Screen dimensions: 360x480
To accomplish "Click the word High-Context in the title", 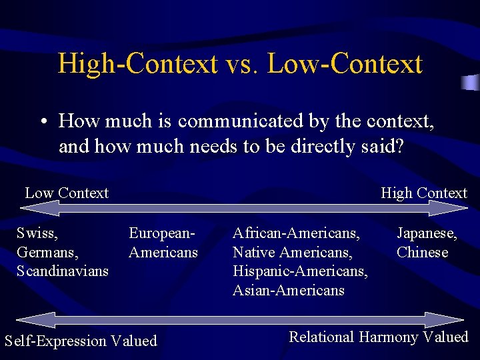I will tap(137, 64).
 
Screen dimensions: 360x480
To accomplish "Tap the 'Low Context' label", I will tap(67, 193).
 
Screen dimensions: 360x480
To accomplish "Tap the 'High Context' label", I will tap(424, 193).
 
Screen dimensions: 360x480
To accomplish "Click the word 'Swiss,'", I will tap(37, 234).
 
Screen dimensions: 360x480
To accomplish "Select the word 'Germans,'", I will tap(47, 253).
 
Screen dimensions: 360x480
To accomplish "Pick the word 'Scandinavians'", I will tap(63, 271).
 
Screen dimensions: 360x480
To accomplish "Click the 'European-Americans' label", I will tap(163, 243).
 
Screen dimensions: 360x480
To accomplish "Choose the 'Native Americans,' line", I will tap(292, 253).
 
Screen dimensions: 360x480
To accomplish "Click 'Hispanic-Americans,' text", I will tap(300, 271).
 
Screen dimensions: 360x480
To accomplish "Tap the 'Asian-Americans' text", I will tap(289, 290).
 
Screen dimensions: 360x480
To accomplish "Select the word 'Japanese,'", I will tap(427, 234).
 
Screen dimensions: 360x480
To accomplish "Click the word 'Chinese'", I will tap(422, 253).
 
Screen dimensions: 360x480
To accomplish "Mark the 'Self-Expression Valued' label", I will tap(81, 341).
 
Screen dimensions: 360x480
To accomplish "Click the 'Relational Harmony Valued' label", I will tap(379, 337).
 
